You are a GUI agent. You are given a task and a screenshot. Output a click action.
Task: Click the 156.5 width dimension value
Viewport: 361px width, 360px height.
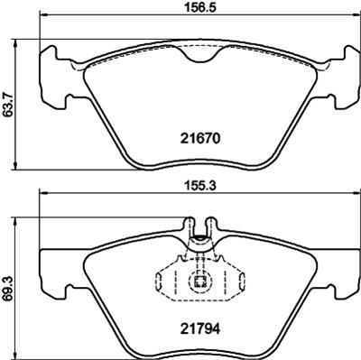tap(199, 8)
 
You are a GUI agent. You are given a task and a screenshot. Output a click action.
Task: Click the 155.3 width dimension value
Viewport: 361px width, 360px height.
tap(199, 187)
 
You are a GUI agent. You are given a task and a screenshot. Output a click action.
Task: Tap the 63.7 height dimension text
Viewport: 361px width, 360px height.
tap(7, 104)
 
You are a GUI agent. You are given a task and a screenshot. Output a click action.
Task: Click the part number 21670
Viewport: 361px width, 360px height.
tap(200, 139)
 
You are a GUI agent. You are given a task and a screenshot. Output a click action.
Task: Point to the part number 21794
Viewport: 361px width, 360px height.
tap(200, 328)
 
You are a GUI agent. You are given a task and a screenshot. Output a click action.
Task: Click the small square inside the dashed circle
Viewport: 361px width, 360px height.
tap(200, 282)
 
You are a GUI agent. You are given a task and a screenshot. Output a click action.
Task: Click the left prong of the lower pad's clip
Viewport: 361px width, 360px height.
tap(189, 226)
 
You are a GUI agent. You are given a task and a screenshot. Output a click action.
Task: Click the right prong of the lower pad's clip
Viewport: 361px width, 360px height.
tap(211, 226)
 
